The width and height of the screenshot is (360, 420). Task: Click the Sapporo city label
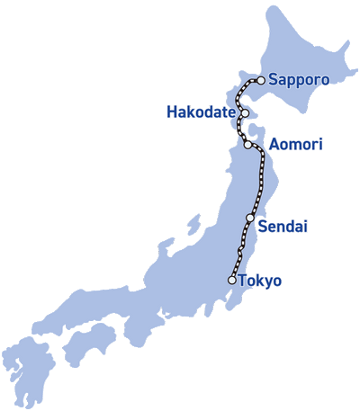(x=298, y=80)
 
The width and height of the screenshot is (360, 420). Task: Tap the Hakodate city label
(x=202, y=112)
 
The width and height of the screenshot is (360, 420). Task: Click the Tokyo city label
(x=261, y=281)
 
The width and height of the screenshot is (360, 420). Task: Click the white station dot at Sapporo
(x=260, y=80)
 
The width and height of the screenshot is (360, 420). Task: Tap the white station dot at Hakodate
(x=243, y=113)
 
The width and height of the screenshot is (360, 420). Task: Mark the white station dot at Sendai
(x=249, y=218)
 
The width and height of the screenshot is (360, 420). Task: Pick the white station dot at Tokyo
(x=232, y=280)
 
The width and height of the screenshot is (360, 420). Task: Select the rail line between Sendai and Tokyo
(x=240, y=247)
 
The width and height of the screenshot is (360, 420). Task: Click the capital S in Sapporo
(x=273, y=80)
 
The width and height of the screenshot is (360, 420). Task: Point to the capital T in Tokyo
(x=244, y=281)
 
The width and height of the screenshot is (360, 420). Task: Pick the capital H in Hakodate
(x=172, y=112)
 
